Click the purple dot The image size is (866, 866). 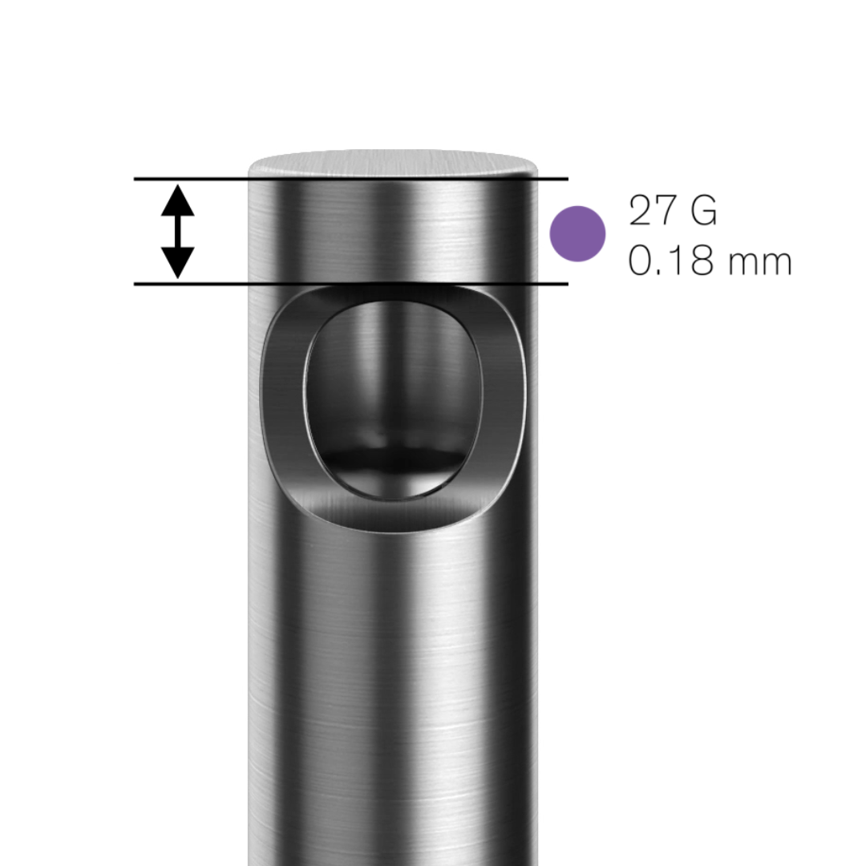pos(577,233)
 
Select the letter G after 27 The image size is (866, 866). pos(702,211)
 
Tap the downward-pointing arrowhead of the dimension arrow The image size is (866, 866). pos(177,262)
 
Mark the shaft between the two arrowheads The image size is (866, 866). pos(177,231)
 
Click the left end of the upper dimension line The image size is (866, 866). pos(136,179)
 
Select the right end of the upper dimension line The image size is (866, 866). pos(566,179)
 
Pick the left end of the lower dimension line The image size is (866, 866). pos(136,284)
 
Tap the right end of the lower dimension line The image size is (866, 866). pos(566,284)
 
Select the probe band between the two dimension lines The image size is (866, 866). pos(393,233)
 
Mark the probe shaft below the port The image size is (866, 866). pos(393,682)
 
